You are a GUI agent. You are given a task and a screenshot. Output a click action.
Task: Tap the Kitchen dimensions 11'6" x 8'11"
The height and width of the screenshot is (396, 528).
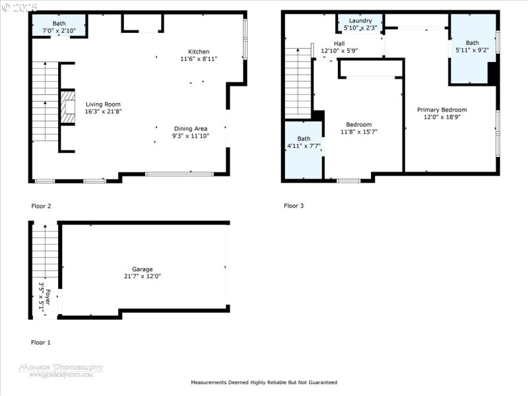click(199, 59)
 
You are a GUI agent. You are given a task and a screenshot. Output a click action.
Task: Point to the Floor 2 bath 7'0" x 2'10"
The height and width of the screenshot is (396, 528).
click(59, 26)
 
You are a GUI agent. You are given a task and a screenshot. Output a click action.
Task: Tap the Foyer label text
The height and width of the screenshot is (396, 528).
click(44, 296)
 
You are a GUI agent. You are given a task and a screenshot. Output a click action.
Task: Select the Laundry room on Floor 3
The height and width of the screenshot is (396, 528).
click(360, 24)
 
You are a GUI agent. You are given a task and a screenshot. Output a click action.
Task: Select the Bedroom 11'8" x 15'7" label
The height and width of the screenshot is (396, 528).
click(358, 128)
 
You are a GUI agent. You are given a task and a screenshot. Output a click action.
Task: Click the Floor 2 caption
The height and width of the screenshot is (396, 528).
click(41, 206)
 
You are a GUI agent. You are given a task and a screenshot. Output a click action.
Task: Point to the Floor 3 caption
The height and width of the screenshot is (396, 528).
click(294, 206)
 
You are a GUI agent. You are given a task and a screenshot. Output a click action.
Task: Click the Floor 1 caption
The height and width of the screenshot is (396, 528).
click(41, 343)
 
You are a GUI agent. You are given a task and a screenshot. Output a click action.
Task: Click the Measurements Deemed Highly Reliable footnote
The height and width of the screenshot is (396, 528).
click(264, 382)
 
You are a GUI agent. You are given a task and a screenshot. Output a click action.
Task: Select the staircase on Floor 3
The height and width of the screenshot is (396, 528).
click(298, 82)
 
